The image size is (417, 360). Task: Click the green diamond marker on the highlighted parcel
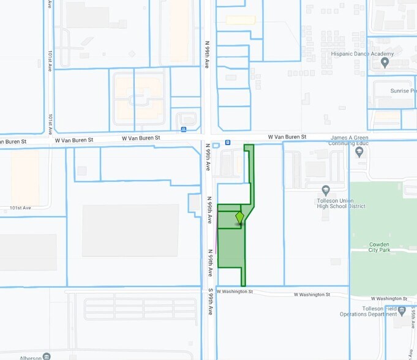239,218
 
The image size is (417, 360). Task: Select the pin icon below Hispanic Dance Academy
384,64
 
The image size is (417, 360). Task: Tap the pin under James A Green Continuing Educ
359,153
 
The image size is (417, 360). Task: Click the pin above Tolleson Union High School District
326,190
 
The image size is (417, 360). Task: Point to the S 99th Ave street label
210,302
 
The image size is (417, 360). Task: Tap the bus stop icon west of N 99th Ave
184,129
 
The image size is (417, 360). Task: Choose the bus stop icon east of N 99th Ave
228,142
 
